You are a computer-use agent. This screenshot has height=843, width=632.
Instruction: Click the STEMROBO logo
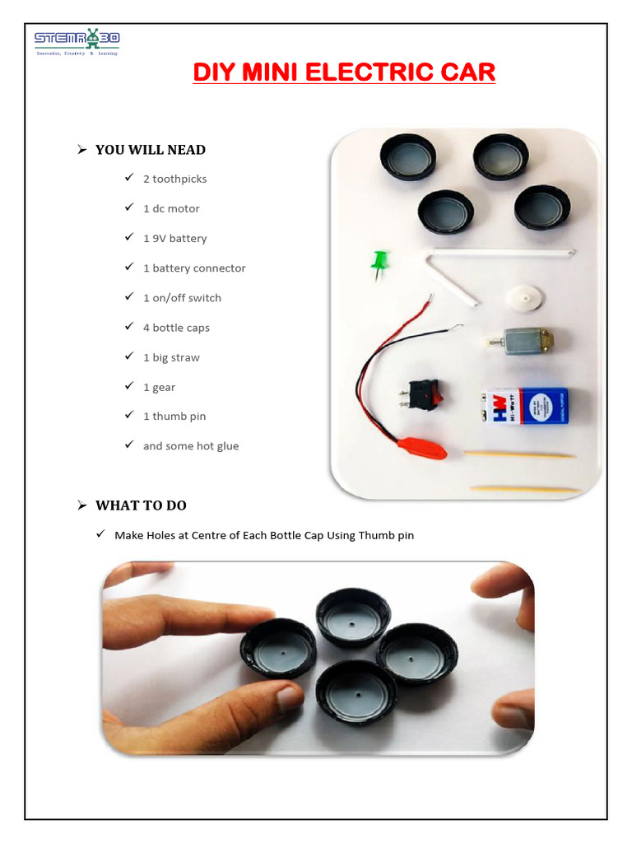(77, 42)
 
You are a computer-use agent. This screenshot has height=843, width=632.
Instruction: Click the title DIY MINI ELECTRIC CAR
(344, 72)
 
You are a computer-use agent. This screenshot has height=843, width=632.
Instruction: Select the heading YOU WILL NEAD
(150, 150)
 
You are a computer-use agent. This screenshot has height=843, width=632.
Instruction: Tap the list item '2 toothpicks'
(174, 179)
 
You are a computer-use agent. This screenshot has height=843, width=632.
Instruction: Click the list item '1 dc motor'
(171, 208)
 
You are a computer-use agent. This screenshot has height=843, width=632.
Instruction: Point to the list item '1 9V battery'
(174, 238)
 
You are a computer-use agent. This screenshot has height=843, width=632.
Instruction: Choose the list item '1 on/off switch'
(182, 298)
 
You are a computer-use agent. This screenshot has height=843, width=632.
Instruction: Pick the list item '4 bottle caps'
(176, 328)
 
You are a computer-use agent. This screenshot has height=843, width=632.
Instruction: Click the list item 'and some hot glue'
(191, 446)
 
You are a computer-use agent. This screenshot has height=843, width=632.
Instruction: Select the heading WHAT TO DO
(146, 505)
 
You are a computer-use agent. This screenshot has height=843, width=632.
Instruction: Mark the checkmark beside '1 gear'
(129, 386)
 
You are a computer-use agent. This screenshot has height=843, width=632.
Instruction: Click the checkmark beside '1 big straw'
(129, 356)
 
